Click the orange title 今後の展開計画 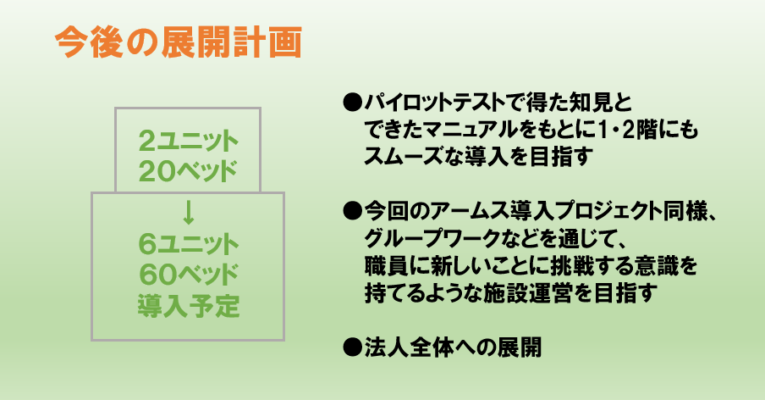click(x=178, y=42)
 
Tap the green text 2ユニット click(x=189, y=142)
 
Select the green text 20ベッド click(x=188, y=171)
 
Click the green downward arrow click(x=189, y=214)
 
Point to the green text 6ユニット click(x=189, y=244)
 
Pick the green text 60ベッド click(x=189, y=275)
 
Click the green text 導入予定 click(x=189, y=305)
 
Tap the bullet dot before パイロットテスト click(x=351, y=103)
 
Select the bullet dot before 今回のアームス click(x=351, y=212)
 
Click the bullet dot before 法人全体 click(x=351, y=347)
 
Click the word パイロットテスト click(x=434, y=103)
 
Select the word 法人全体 click(x=409, y=347)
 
